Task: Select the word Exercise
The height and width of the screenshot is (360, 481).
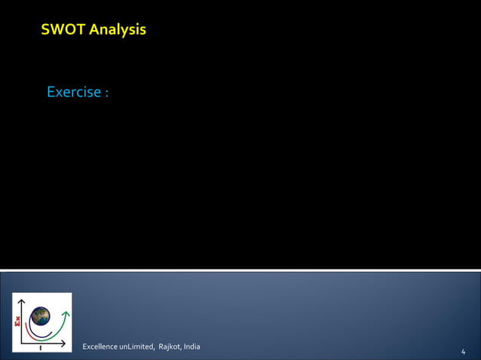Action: pos(73,92)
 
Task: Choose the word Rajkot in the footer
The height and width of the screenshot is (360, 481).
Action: pos(170,346)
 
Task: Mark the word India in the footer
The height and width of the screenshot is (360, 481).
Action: pos(191,346)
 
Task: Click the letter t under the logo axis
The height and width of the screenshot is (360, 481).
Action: pos(40,348)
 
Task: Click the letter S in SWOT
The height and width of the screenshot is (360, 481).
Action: pos(46,30)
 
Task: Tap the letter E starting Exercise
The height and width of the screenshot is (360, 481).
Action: pos(51,92)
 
